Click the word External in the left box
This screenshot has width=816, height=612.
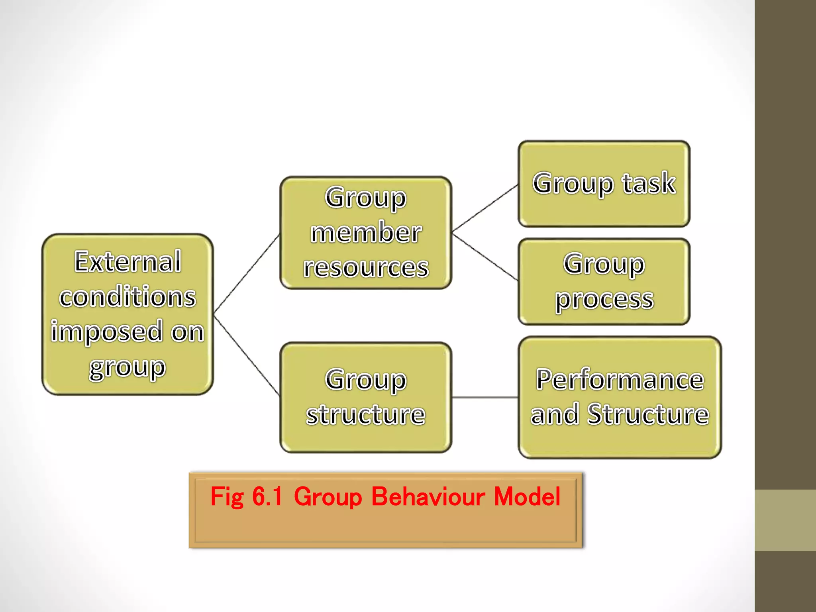tap(127, 262)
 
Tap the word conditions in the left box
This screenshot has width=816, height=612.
tap(127, 297)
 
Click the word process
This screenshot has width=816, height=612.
tap(604, 299)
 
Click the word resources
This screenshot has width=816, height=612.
tap(366, 267)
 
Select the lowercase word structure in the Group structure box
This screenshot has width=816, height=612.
tap(366, 414)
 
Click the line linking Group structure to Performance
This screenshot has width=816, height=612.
tap(484, 397)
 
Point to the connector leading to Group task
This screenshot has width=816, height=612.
tap(485, 208)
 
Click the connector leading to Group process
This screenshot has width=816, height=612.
tap(485, 257)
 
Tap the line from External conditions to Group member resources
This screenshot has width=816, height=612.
tap(247, 273)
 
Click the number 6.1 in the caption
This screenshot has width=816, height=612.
tap(267, 496)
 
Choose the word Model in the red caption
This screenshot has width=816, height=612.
tap(527, 496)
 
